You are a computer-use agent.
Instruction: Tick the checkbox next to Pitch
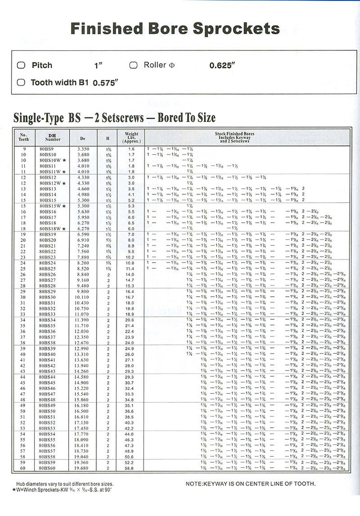[x=21, y=65]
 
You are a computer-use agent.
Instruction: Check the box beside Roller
[x=133, y=65]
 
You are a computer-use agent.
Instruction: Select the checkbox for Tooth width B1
[x=21, y=82]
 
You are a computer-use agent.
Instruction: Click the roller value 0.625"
[x=222, y=66]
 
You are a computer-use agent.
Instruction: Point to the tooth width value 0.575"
[x=105, y=83]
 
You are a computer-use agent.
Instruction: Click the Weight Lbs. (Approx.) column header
[x=132, y=138]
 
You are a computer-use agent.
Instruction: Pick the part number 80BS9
[x=47, y=149]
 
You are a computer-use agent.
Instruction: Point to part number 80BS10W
[x=50, y=160]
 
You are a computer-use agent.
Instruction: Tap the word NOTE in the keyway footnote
[x=195, y=483]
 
